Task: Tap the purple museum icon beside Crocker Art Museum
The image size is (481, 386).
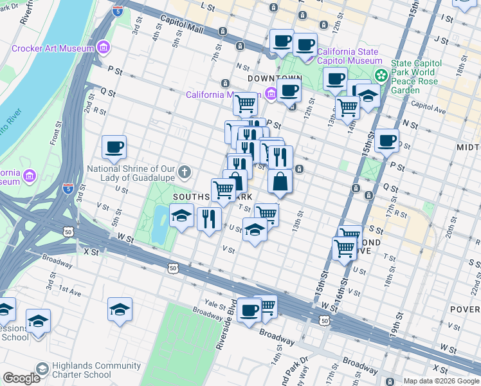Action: tap(103, 48)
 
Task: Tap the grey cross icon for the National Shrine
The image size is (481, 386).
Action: tap(185, 171)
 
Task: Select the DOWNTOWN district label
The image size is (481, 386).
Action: tap(271, 78)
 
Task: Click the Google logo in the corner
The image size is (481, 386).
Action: tap(21, 378)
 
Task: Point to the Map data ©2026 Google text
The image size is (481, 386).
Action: tap(441, 381)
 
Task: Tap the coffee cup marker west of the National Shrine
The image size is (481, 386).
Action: tap(114, 147)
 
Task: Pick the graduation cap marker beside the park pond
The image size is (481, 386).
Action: tap(182, 216)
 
